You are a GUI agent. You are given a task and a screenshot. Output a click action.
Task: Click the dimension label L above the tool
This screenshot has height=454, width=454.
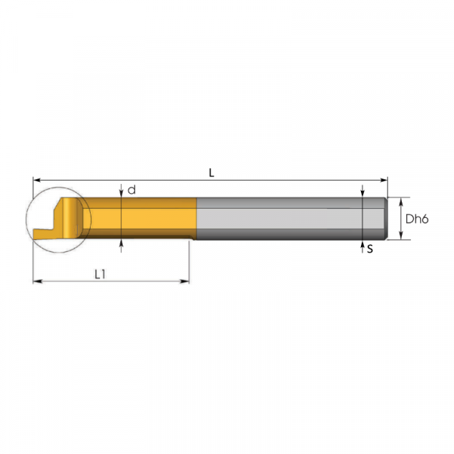click(211, 173)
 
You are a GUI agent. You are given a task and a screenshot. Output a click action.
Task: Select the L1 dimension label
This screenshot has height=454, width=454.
click(100, 274)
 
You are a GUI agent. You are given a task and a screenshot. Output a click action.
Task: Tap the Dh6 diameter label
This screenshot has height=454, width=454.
click(417, 219)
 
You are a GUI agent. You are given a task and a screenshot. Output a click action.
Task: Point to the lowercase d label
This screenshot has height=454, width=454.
click(132, 190)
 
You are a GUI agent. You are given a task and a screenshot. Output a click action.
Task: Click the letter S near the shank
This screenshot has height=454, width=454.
click(370, 249)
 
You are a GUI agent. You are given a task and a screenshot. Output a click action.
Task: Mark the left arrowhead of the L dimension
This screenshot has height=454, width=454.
click(37, 180)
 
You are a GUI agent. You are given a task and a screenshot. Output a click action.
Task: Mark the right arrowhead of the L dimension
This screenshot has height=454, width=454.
click(384, 180)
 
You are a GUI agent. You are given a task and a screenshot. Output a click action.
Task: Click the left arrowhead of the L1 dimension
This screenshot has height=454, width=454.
click(37, 281)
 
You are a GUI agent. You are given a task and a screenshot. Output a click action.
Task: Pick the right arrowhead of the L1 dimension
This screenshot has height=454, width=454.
click(185, 281)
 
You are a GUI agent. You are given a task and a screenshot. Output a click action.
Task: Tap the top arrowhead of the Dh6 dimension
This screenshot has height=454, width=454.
click(401, 201)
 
